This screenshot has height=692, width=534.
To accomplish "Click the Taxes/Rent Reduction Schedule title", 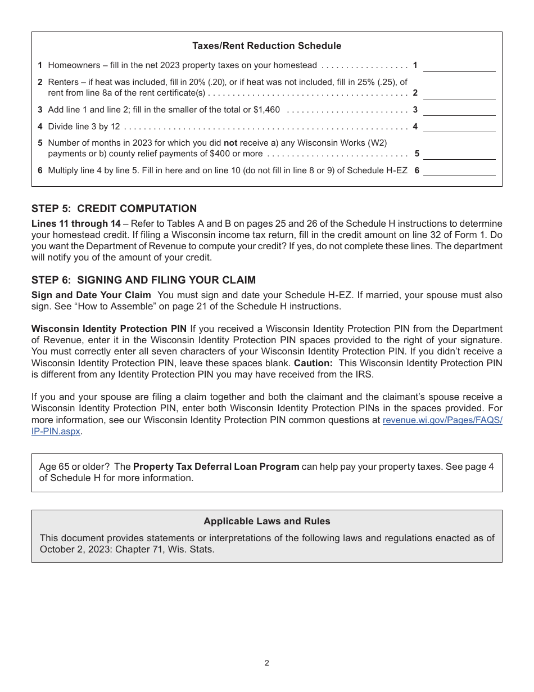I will click(266, 46).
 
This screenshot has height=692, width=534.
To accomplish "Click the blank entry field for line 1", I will click(459, 66).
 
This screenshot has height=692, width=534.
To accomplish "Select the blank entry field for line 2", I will click(459, 93).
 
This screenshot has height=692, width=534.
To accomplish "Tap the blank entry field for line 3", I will click(459, 110).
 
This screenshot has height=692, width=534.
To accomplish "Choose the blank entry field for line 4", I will click(459, 127).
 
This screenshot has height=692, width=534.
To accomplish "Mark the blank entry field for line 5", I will click(459, 154).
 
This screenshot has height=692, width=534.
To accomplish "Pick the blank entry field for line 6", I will click(459, 170).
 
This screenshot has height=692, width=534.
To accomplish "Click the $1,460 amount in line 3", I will click(267, 110).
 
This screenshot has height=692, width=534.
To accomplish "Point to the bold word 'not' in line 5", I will click(230, 143).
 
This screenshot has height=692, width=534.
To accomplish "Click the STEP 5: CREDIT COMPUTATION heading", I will click(114, 209).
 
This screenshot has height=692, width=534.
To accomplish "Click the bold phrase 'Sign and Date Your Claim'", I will click(91, 295).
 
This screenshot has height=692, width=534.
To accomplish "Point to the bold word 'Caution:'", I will click(313, 363).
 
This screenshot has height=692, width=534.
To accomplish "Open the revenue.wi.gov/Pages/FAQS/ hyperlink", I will click(442, 420).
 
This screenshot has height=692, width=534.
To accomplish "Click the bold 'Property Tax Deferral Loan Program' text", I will click(216, 466).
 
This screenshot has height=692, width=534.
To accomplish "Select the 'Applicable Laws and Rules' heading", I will click(266, 521).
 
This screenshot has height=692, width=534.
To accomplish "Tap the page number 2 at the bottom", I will click(267, 663).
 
